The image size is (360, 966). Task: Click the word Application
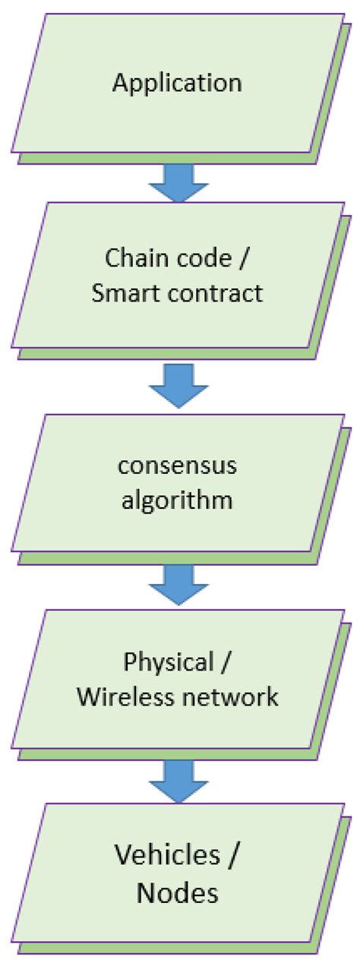pos(177,83)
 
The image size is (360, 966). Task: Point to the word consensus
pos(177,465)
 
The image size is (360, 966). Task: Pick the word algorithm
pos(177,502)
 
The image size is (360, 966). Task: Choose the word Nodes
pos(177,893)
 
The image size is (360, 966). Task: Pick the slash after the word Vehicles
pos(235,857)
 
